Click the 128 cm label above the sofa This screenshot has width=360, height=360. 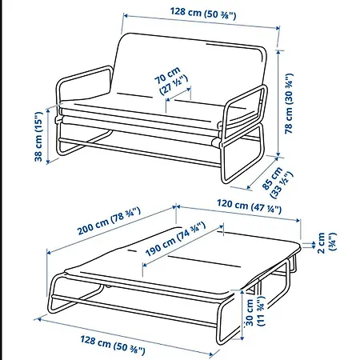click(203, 14)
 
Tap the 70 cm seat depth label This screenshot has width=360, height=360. click(171, 81)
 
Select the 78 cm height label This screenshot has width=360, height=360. click(289, 103)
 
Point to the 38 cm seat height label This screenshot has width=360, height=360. click(38, 137)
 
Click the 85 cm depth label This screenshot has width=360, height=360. click(278, 182)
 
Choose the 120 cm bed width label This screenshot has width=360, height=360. click(250, 206)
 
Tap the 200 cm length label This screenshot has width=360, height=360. click(109, 221)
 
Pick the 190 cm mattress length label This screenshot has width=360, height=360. click(176, 239)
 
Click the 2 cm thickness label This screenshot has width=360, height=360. click(327, 242)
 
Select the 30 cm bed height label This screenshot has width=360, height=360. click(255, 311)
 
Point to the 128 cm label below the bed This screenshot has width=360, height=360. click(113, 346)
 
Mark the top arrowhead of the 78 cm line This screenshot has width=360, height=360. click(278, 52)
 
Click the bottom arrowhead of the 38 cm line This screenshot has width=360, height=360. click(48, 162)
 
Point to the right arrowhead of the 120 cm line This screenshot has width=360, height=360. click(298, 220)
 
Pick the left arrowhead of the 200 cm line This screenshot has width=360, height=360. click(50, 252)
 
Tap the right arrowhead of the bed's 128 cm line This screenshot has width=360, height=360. click(212, 354)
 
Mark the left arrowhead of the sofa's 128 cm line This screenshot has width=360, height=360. click(126, 16)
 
